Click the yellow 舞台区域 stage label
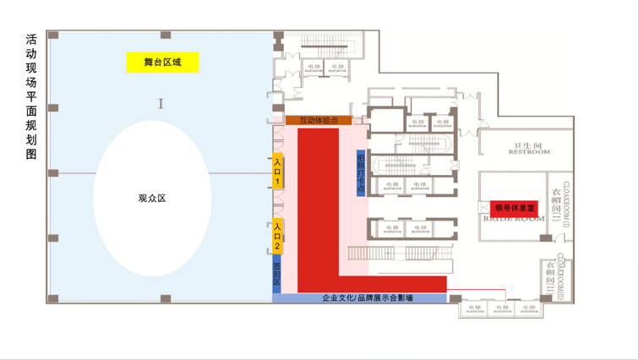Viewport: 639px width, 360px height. click(162, 62)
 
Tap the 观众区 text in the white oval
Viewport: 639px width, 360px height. click(152, 199)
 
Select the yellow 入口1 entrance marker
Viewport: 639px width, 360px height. click(276, 171)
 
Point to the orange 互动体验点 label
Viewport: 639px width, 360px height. click(319, 121)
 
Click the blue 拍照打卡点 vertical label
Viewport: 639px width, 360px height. click(361, 172)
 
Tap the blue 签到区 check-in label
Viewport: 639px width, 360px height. click(276, 274)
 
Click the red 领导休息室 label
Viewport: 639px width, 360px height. click(514, 207)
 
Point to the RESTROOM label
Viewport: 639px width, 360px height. click(529, 152)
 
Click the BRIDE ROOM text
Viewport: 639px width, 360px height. click(514, 218)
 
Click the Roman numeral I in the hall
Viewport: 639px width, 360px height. click(160, 103)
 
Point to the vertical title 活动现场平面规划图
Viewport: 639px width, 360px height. click(31, 97)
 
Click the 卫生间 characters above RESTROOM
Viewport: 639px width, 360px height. click(529, 144)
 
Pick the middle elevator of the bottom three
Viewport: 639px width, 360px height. click(500, 309)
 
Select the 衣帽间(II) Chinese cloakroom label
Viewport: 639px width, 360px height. click(549, 277)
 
